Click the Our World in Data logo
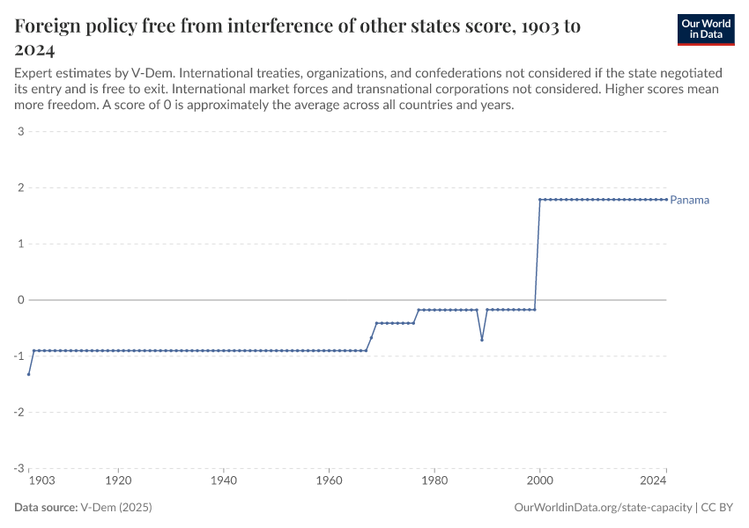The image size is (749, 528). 706,29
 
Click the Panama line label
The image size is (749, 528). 689,200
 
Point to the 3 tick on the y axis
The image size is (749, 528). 19,132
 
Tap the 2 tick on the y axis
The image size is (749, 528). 19,187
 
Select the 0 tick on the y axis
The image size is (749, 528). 19,300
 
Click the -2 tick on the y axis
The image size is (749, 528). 18,412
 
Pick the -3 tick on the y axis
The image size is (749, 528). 18,468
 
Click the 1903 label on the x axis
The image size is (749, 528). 41,481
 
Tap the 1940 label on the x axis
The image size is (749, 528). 224,481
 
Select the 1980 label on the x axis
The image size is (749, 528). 434,481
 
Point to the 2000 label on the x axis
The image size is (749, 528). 539,481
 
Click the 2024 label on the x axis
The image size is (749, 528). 653,481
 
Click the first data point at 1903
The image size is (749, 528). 29,374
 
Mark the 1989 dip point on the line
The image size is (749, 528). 482,340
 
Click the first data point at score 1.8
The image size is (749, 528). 539,200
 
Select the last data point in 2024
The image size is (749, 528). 666,200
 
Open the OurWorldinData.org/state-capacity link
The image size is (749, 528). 603,508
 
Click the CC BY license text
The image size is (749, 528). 717,508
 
